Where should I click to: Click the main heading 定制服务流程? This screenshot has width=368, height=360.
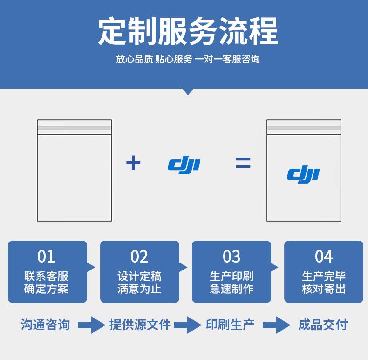point(188,31)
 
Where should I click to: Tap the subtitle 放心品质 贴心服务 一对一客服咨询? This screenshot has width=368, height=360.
point(188,59)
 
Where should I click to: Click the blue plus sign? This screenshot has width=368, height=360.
point(133,163)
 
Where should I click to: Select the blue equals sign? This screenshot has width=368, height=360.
point(243,163)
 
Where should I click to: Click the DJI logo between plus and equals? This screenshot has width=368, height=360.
point(184,165)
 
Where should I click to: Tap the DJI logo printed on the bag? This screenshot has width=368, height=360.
point(303,174)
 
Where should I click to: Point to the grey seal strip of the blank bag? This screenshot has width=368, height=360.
point(75,128)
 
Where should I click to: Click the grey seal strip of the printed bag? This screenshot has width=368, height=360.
point(304,128)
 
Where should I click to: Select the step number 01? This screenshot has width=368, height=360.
point(46,256)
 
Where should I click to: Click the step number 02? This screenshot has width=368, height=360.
point(139,256)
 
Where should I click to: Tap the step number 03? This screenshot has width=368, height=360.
point(232,256)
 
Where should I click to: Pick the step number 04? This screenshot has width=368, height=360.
point(324,256)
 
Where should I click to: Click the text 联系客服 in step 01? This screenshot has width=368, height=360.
point(46,276)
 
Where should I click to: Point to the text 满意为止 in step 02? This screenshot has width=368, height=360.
point(139,289)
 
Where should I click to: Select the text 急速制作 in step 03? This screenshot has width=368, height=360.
point(232,289)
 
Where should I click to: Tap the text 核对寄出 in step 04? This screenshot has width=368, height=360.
point(324,289)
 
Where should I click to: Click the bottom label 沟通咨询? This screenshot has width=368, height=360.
point(45,325)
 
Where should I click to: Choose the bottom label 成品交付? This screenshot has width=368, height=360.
point(323,325)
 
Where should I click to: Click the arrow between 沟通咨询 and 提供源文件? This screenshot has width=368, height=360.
point(91,325)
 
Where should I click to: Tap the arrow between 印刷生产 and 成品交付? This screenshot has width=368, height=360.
point(277,325)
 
